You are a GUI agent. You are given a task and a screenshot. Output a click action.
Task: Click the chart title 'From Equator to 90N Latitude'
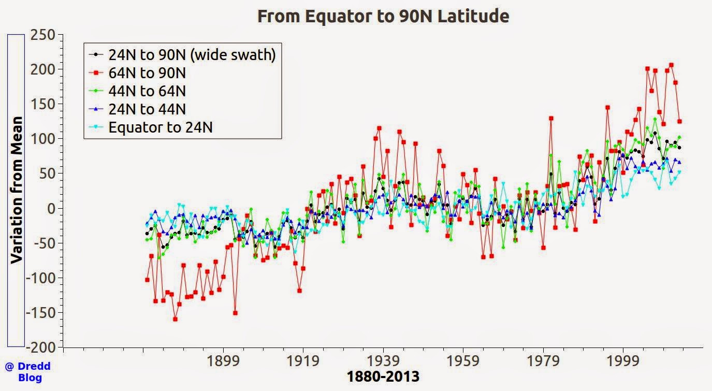(x=383, y=16)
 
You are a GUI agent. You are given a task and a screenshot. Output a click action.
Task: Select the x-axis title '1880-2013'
(x=383, y=376)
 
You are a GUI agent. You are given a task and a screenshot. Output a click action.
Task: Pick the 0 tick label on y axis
(x=52, y=209)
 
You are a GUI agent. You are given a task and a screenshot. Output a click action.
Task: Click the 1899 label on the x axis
(x=223, y=360)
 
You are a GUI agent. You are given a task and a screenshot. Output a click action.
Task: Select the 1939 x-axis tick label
(x=383, y=360)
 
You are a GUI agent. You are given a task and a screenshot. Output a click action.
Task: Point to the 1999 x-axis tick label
(x=623, y=360)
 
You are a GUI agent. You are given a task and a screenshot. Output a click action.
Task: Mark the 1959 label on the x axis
(x=463, y=360)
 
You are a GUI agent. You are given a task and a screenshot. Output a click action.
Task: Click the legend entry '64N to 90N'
(x=147, y=73)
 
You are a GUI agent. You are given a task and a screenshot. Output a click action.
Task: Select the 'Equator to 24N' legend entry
(x=161, y=127)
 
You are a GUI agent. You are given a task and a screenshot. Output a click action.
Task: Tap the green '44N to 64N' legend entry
(x=147, y=91)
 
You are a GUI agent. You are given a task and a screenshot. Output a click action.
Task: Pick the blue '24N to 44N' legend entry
(x=147, y=109)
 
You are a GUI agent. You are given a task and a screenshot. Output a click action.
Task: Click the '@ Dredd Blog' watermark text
(x=28, y=372)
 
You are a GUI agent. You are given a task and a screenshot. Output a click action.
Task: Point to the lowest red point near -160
(x=175, y=319)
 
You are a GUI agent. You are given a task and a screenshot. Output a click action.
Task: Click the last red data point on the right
(x=679, y=121)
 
